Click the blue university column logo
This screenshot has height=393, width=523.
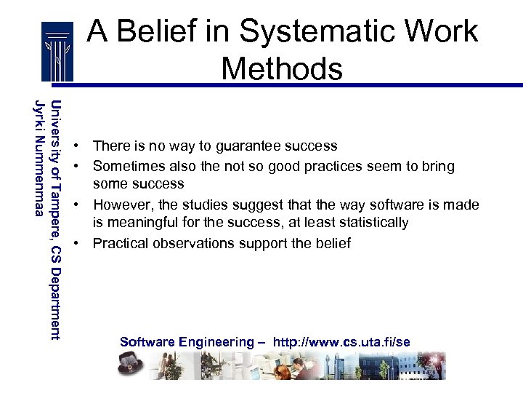point(57,50)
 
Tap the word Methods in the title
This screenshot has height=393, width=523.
point(282,69)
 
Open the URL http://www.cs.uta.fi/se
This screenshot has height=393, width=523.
point(341,342)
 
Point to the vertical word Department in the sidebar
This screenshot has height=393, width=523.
point(56,299)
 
